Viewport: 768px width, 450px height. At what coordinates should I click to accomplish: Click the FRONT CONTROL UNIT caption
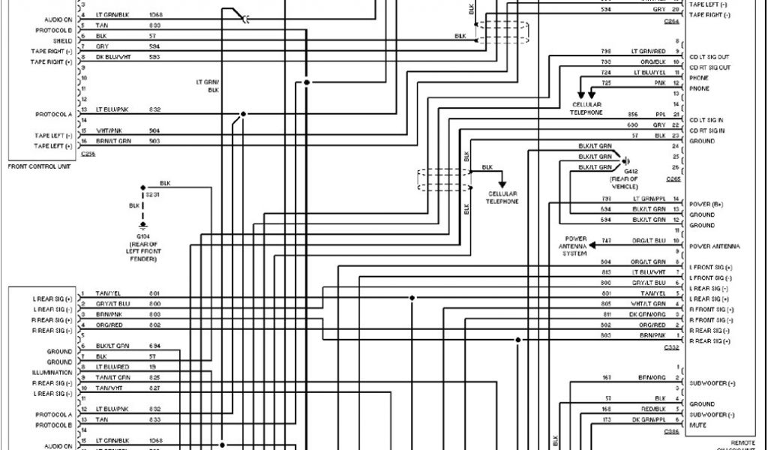point(39,166)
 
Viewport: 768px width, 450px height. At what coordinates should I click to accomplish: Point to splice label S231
point(151,194)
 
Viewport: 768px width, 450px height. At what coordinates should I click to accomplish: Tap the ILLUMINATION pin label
point(52,373)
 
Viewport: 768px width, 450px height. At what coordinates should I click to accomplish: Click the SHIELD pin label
point(62,40)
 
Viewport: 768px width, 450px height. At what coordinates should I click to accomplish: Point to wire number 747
point(607,240)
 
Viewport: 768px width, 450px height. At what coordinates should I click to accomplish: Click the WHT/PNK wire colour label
point(108,130)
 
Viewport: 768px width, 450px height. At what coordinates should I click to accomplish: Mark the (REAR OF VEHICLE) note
point(624,183)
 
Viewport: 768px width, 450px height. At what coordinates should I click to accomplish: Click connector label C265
point(673,179)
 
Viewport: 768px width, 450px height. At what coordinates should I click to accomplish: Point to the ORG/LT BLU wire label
point(650,240)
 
